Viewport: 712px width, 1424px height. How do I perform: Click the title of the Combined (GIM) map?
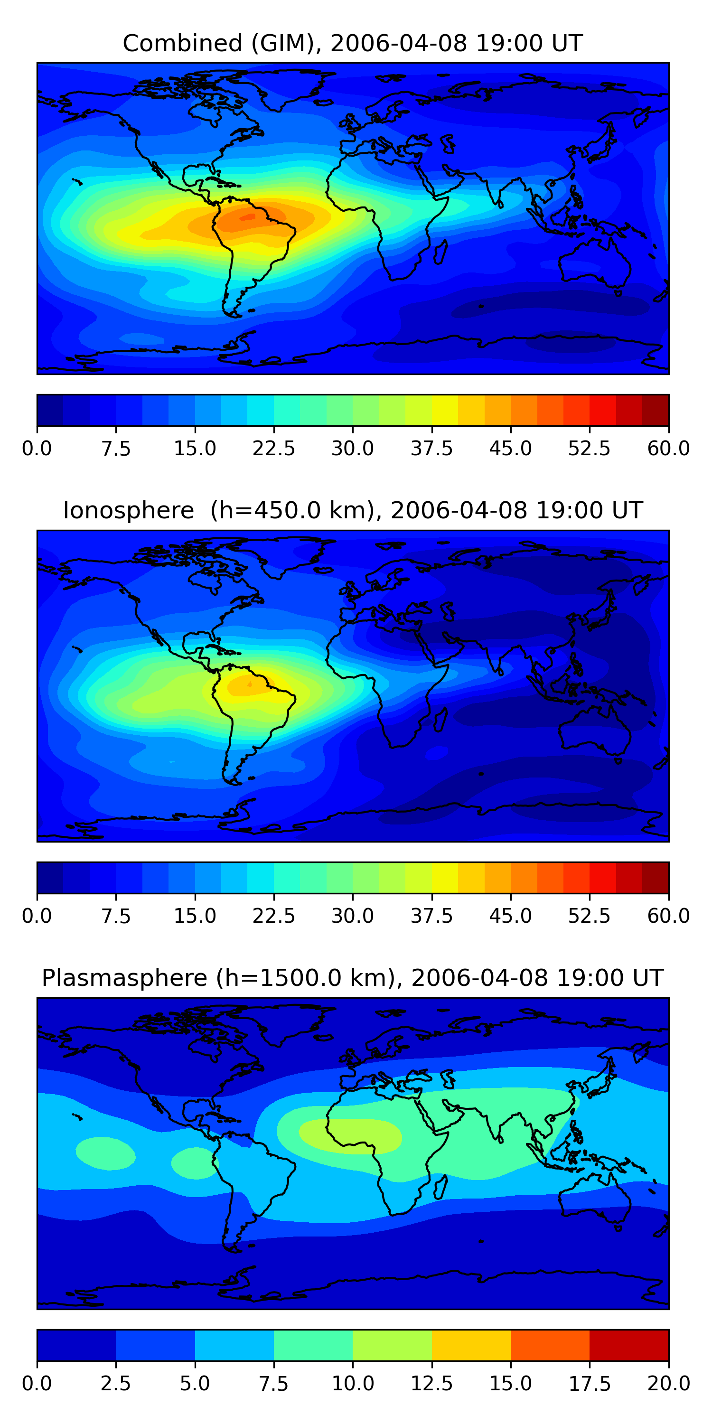point(353,43)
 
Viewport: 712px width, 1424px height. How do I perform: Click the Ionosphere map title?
point(353,510)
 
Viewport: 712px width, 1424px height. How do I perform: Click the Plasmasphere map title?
point(353,978)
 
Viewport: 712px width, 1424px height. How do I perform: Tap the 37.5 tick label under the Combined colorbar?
point(432,448)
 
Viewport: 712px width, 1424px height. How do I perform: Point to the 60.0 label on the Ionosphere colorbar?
point(669,916)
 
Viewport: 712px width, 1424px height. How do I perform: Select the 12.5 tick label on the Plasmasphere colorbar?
point(432,1384)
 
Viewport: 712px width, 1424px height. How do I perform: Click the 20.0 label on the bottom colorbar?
point(669,1384)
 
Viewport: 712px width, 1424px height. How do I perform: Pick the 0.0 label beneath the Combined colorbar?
point(37,448)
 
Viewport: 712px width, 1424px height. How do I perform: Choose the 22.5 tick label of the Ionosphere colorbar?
point(273,916)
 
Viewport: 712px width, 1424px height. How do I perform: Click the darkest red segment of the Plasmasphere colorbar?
point(629,1345)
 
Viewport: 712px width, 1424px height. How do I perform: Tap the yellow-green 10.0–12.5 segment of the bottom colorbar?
point(392,1345)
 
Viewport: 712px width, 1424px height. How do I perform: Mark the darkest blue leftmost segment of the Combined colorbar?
point(50,410)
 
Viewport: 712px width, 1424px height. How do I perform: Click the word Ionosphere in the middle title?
point(129,510)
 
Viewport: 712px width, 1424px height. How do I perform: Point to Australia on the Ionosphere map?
point(595,730)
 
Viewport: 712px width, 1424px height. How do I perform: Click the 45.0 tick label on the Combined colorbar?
point(511,448)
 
